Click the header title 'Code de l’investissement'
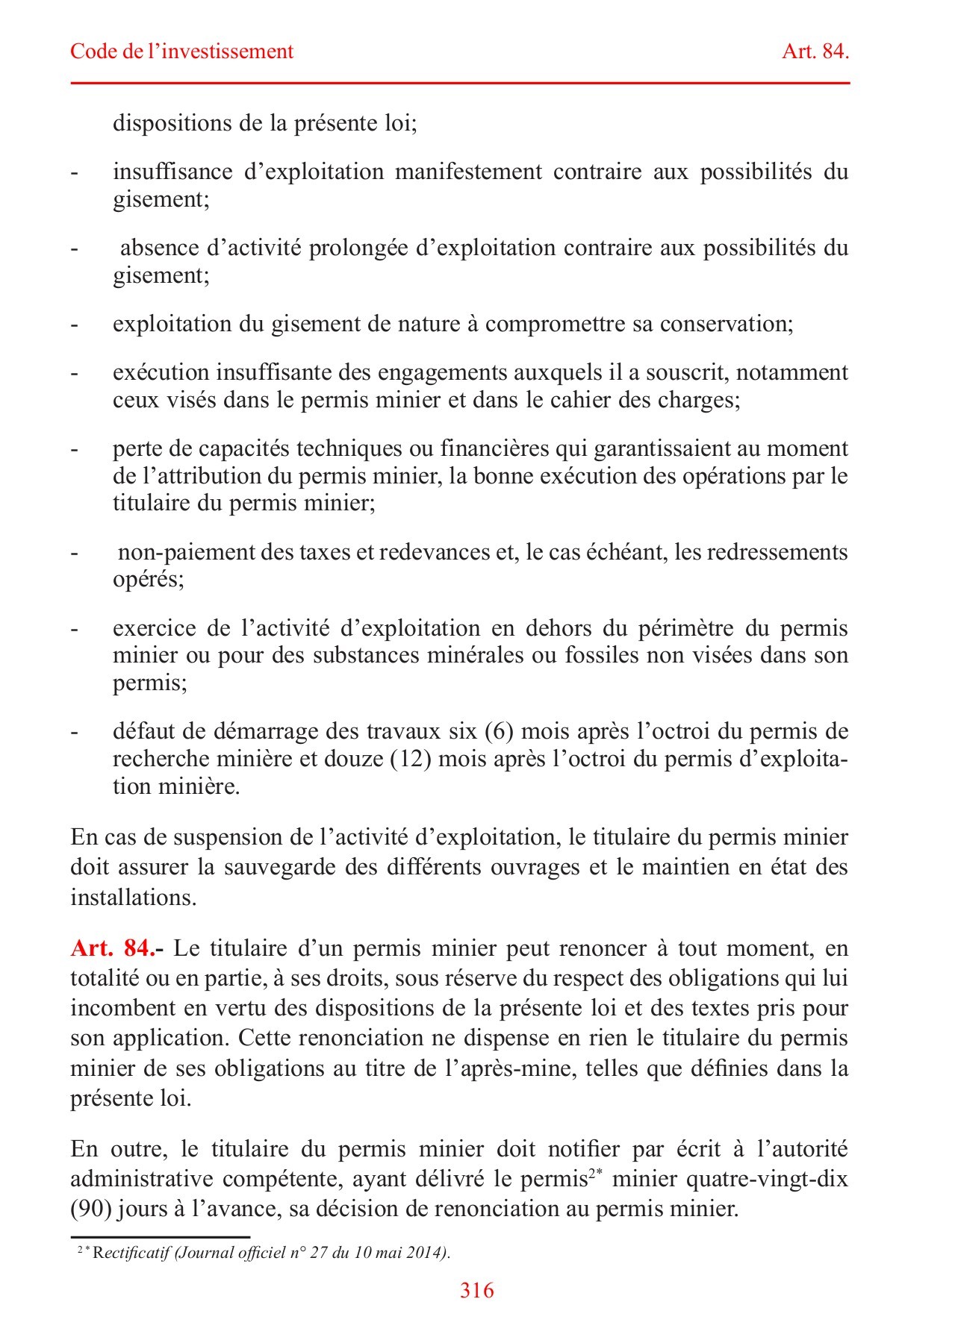[181, 51]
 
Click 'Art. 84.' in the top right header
[815, 51]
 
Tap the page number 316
[477, 1290]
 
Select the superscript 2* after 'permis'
[595, 1174]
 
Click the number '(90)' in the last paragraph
[90, 1209]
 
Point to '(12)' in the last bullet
[409, 759]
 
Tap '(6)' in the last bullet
[500, 730]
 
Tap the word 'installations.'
[133, 897]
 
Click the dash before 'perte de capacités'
[74, 450]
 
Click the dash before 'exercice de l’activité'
[74, 630]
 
